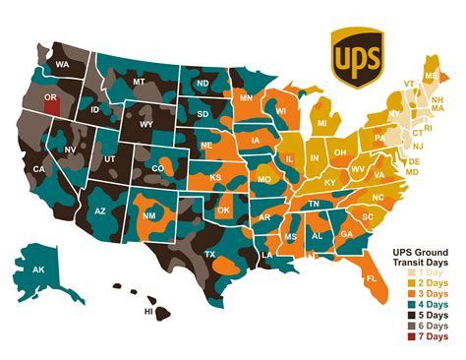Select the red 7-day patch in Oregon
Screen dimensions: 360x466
(51, 104)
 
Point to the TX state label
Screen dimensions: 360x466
(209, 255)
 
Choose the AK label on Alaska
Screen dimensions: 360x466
(40, 270)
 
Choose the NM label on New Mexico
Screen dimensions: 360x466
(150, 215)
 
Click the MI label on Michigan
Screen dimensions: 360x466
(320, 123)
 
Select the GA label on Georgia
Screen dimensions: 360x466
(347, 234)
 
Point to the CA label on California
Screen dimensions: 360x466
(40, 169)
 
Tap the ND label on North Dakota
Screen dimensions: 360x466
(203, 84)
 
